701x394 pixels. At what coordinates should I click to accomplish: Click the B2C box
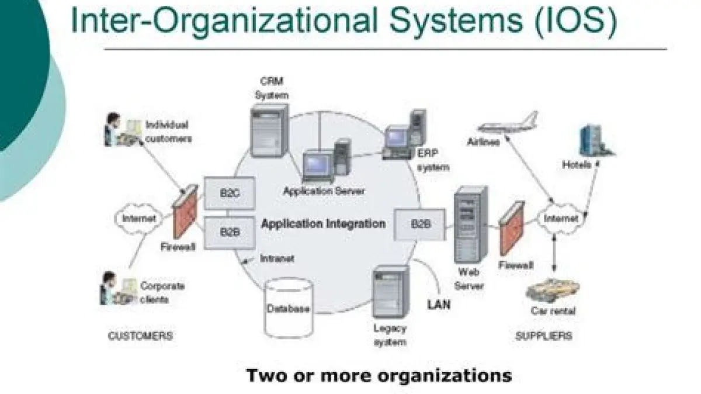(230, 193)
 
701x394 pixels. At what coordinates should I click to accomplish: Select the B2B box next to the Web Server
(420, 223)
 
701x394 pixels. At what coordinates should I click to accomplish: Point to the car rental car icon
(552, 289)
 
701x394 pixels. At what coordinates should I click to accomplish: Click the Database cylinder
(288, 307)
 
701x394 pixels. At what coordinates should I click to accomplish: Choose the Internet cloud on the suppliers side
(561, 219)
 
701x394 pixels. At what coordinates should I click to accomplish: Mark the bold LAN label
(439, 304)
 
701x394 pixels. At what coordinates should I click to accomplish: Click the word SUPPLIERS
(543, 336)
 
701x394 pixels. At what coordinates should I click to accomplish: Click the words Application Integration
(323, 223)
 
